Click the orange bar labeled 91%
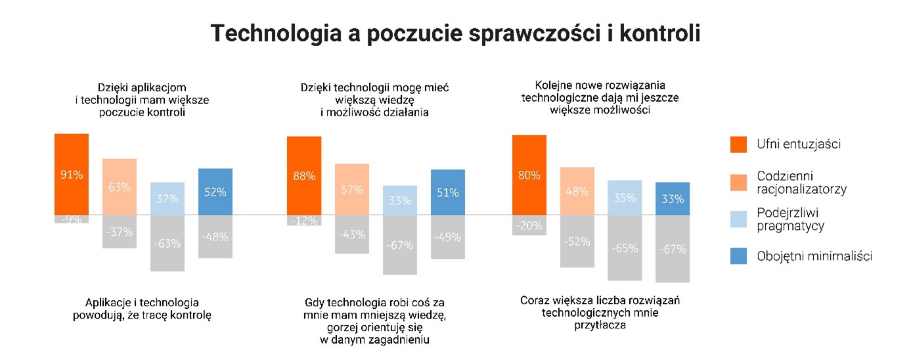pyautogui.click(x=72, y=174)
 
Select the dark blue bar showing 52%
pyautogui.click(x=215, y=191)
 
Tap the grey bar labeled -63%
pyautogui.click(x=167, y=243)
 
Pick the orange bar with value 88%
pyautogui.click(x=304, y=175)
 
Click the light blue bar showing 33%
pyautogui.click(x=400, y=200)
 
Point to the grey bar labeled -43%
pyautogui.click(x=352, y=234)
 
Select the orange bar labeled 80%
pyautogui.click(x=529, y=175)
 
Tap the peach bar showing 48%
pyautogui.click(x=577, y=191)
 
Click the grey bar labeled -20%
pyautogui.click(x=529, y=225)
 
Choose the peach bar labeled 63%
pyautogui.click(x=120, y=187)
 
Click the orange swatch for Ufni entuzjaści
pyautogui.click(x=739, y=144)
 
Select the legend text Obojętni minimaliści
pyautogui.click(x=814, y=256)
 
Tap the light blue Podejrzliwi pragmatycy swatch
pyautogui.click(x=739, y=219)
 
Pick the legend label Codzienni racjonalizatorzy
pyautogui.click(x=801, y=182)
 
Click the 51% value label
pyautogui.click(x=448, y=192)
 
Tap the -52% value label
pyautogui.click(x=577, y=241)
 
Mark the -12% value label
pyautogui.click(x=304, y=220)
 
